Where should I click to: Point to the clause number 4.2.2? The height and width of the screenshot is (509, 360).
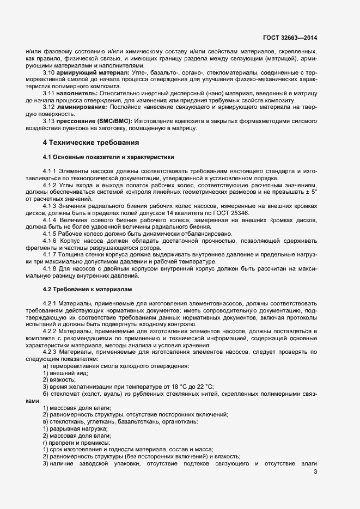click(x=51, y=332)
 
